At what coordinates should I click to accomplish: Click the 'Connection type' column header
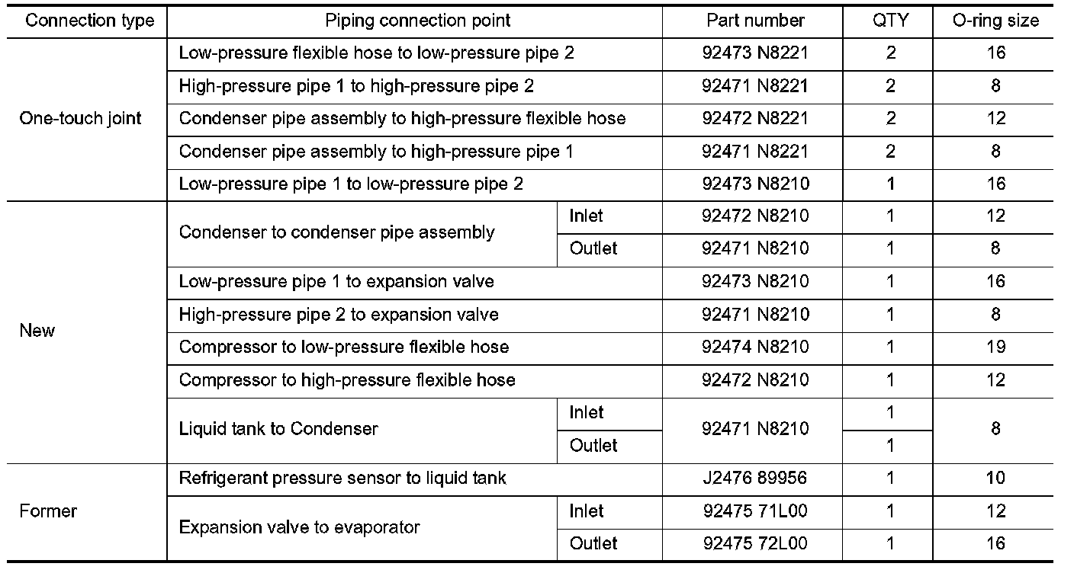pos(90,21)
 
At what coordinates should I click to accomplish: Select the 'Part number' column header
pos(755,21)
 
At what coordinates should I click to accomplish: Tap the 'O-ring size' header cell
pos(995,21)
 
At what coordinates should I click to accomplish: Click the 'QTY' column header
pos(890,21)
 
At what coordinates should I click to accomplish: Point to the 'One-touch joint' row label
pos(81,118)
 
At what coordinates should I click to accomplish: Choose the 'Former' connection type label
pos(48,511)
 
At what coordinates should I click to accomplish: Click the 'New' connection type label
pos(37,331)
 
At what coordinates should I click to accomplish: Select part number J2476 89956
pos(755,479)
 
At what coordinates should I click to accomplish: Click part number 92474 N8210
pos(755,347)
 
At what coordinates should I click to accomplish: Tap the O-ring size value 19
pos(995,347)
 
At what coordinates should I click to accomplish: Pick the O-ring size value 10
pos(995,479)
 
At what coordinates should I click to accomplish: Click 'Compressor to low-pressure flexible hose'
pos(344,347)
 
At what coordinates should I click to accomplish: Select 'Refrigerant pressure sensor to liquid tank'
pos(342,479)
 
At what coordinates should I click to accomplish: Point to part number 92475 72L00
pos(755,543)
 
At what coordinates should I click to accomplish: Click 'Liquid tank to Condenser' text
pos(278,429)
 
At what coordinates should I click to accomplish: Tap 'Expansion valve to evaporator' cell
pos(300,527)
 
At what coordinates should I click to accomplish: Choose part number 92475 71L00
pos(755,511)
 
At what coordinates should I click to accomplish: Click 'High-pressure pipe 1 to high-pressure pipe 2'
pos(356,86)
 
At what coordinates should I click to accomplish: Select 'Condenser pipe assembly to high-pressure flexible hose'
pos(402,118)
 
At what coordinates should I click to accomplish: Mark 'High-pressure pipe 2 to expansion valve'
pos(339,314)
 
